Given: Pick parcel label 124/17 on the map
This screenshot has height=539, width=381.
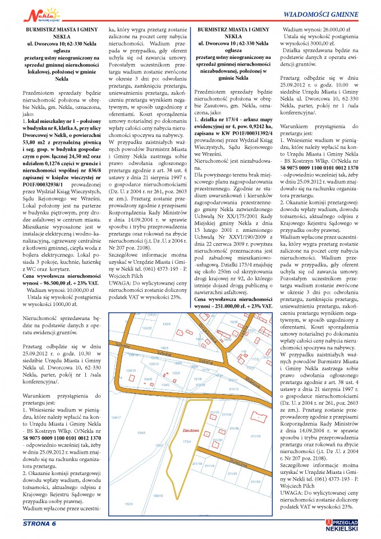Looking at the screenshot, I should pyautogui.click(x=116, y=417).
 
